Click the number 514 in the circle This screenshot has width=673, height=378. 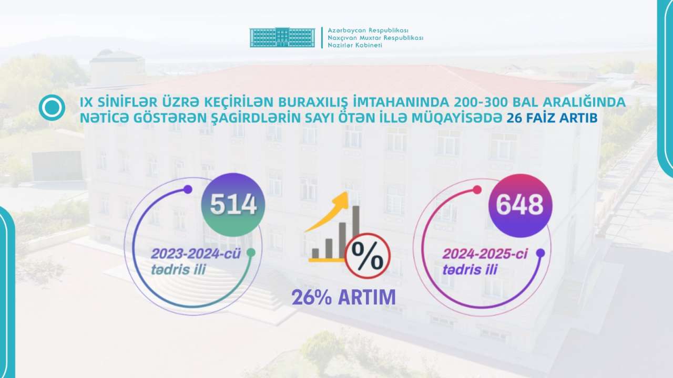click(x=233, y=205)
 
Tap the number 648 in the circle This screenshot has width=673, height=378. click(x=520, y=205)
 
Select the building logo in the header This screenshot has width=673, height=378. click(x=282, y=37)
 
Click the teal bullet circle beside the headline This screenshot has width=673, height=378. click(x=52, y=108)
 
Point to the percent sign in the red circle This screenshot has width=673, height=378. click(x=368, y=256)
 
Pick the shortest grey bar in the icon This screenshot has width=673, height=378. click(x=315, y=254)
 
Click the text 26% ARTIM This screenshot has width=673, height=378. click(x=344, y=297)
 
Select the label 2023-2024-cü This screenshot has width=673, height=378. click(x=196, y=254)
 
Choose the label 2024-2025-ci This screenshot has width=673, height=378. click(x=485, y=254)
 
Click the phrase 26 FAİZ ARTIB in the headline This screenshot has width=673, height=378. click(x=552, y=118)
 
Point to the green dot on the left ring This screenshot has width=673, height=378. click(x=251, y=253)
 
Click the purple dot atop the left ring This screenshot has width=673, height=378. click(x=188, y=190)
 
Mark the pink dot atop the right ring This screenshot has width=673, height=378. click(x=477, y=190)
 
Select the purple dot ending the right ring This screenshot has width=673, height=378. click(x=541, y=253)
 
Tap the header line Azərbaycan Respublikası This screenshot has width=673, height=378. click(x=368, y=30)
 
